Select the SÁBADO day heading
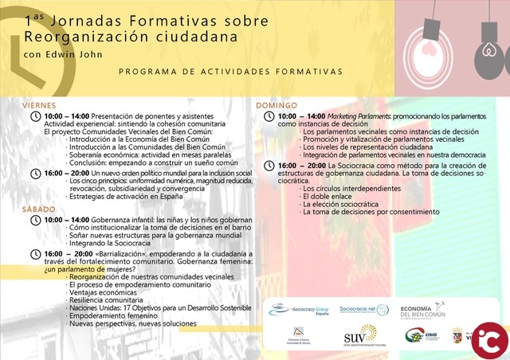pyautogui.click(x=38, y=209)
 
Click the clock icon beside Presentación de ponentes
pyautogui.click(x=35, y=116)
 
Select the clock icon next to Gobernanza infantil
pyautogui.click(x=35, y=220)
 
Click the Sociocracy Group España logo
pyautogui.click(x=300, y=307)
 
